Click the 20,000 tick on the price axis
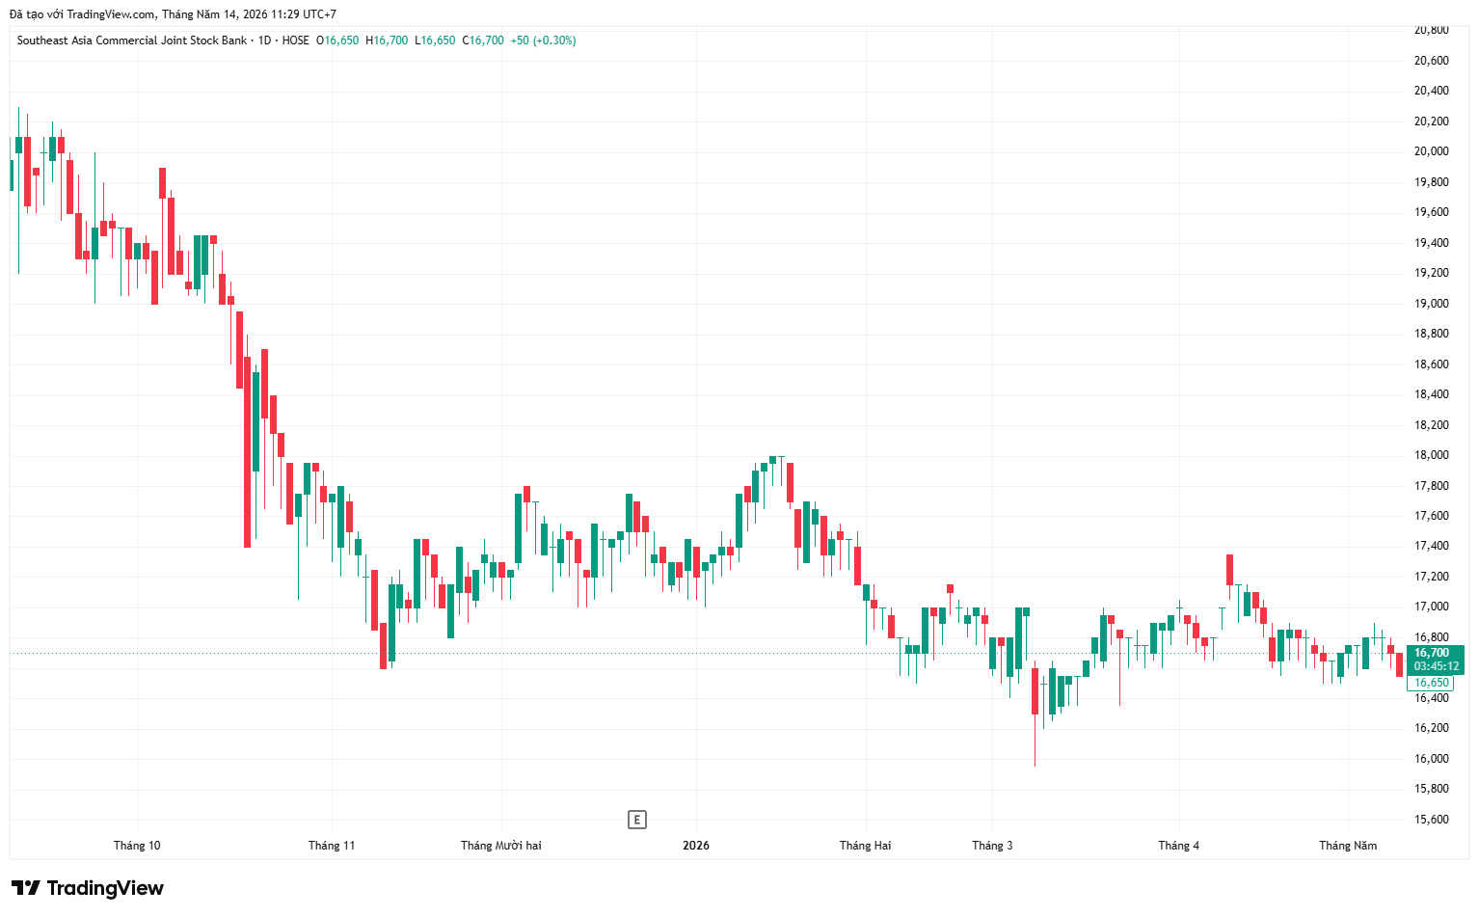tap(1432, 151)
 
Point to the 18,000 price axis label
tap(1432, 455)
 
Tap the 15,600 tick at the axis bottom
tap(1432, 820)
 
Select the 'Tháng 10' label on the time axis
tap(137, 845)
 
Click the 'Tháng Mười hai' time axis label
tap(501, 845)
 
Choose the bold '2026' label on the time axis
tap(696, 845)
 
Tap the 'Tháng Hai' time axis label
tap(865, 845)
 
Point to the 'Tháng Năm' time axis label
tap(1348, 845)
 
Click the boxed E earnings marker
tap(636, 820)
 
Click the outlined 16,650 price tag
tap(1430, 683)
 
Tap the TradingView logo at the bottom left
tap(87, 888)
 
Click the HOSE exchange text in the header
tap(295, 40)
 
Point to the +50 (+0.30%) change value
tap(543, 40)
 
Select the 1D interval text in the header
tap(264, 40)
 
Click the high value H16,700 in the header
tap(387, 40)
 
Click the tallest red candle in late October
tap(248, 451)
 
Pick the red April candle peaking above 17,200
tap(1229, 570)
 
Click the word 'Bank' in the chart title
tap(234, 40)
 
